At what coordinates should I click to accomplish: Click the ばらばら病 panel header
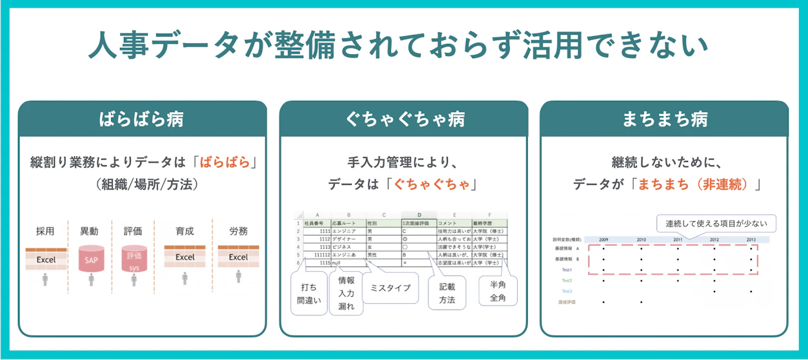point(142,119)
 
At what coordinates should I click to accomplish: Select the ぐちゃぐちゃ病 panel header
point(403,119)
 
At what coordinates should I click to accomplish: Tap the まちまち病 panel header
point(665,119)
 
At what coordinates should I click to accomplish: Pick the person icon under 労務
point(238,278)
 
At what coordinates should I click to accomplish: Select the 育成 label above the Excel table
point(185,231)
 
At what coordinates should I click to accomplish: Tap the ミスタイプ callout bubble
point(390,288)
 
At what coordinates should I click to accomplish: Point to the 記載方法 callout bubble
point(447,294)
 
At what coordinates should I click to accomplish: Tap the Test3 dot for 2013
point(751,292)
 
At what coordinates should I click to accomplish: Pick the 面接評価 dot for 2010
point(641,302)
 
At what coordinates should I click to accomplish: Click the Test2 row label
point(567,281)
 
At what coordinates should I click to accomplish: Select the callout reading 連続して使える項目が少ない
point(716,224)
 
